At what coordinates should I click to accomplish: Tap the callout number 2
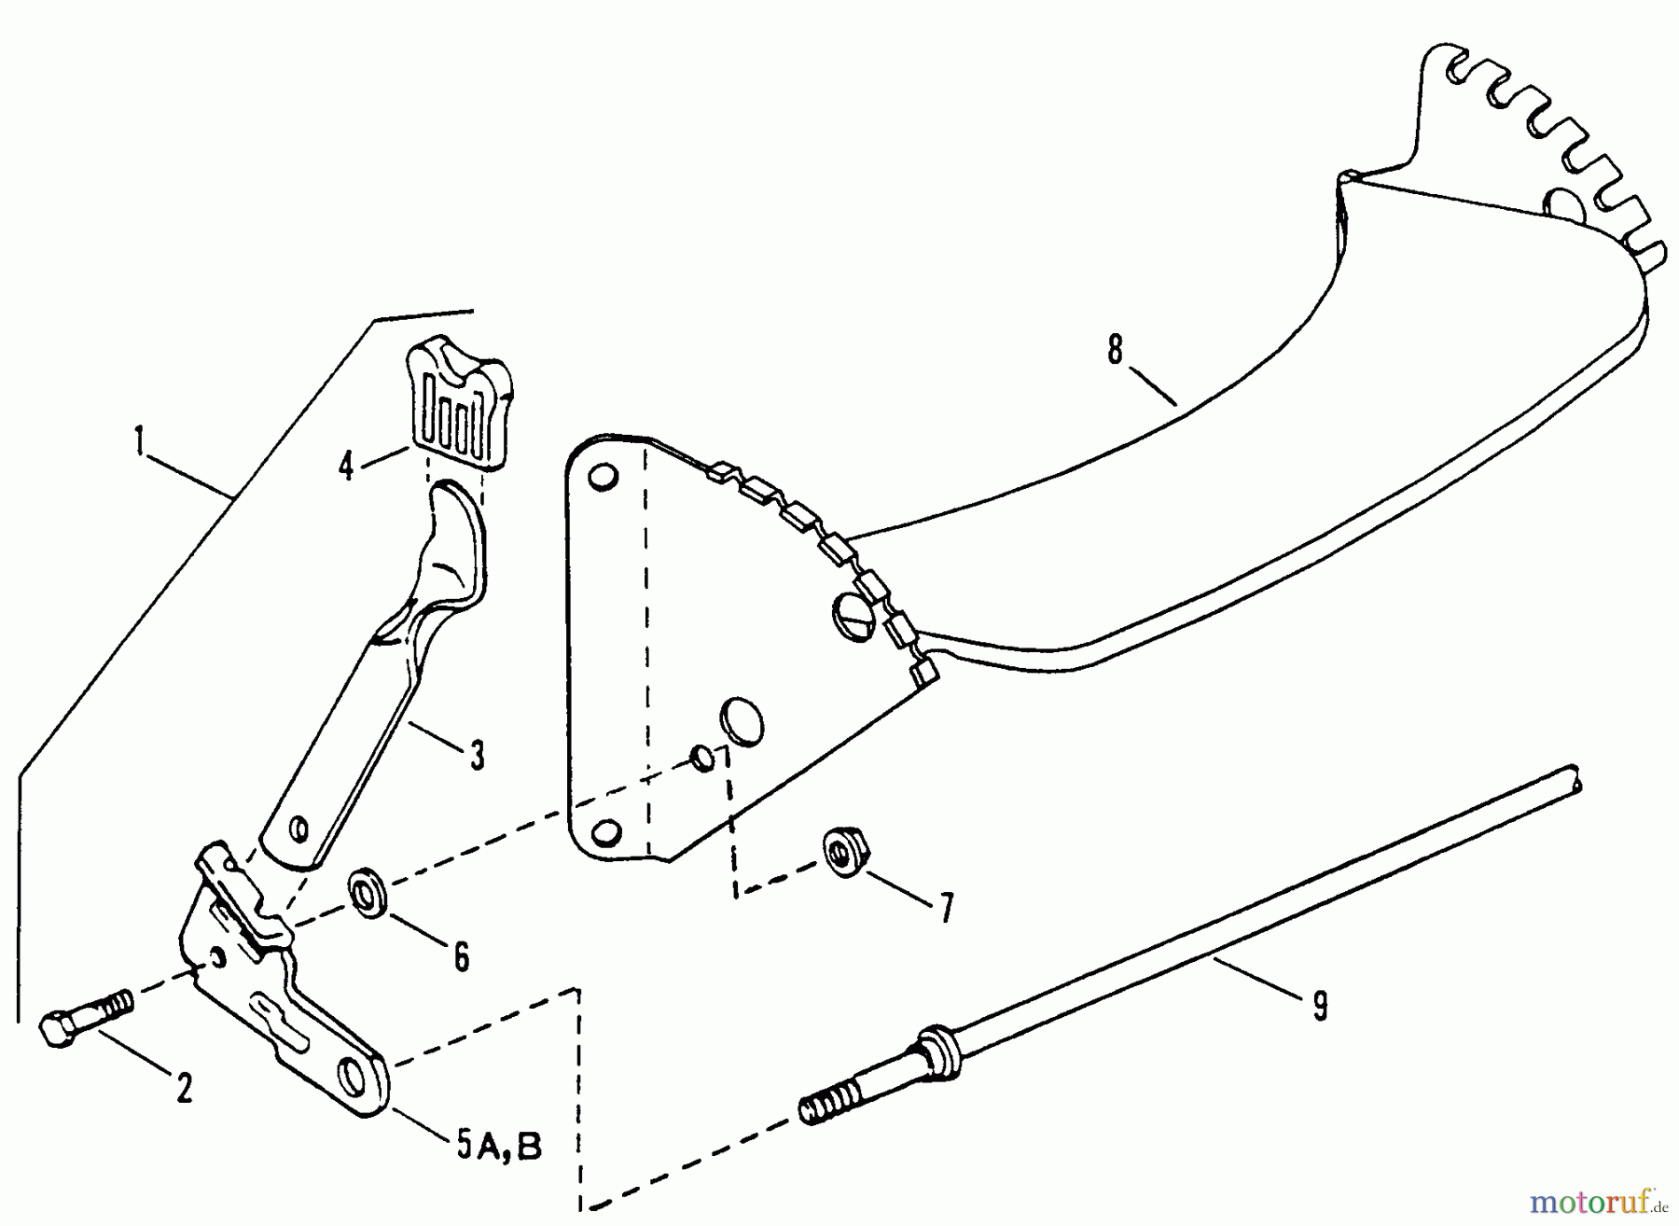pos(184,1089)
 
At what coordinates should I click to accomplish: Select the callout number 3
pos(477,755)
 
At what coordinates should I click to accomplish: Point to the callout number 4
pos(346,466)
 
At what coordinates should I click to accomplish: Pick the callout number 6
pos(461,956)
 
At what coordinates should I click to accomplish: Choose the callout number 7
pos(947,907)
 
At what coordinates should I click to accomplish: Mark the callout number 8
pos(1116,350)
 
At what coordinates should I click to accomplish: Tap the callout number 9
pos(1319,1006)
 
